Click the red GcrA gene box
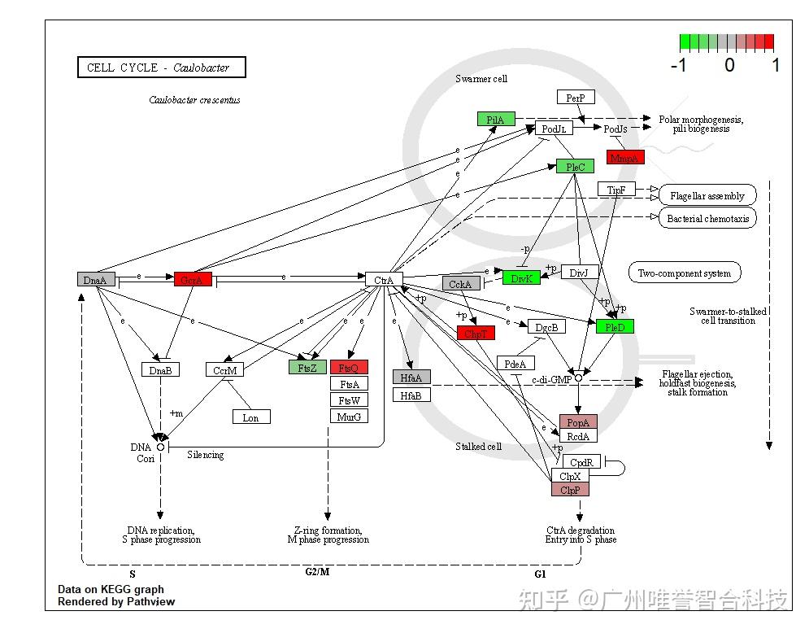click(x=193, y=279)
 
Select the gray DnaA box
click(x=96, y=279)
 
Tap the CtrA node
click(x=384, y=280)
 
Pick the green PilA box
click(x=496, y=119)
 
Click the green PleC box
click(x=575, y=167)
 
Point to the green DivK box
click(x=521, y=278)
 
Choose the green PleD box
click(x=615, y=326)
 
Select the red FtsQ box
click(x=349, y=367)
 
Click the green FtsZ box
click(x=307, y=367)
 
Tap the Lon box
click(x=250, y=417)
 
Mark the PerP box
click(x=576, y=98)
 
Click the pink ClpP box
click(x=570, y=489)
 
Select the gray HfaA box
click(x=411, y=377)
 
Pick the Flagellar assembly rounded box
click(x=707, y=196)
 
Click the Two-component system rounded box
click(x=685, y=273)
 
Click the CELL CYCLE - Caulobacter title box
click(x=161, y=68)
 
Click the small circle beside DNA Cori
click(x=161, y=447)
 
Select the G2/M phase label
click(x=317, y=572)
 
